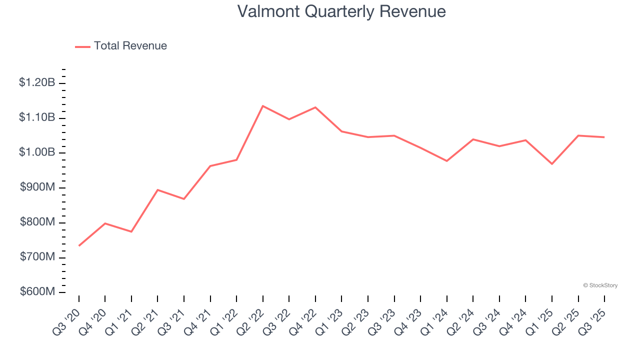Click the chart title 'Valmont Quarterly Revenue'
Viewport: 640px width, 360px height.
341,11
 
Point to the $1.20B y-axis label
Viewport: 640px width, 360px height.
37,82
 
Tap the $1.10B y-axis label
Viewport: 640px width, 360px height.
37,117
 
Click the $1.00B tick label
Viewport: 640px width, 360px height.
37,152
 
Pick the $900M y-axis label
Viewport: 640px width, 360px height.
37,187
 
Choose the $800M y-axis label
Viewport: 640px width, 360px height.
37,222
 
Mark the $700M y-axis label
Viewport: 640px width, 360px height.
37,257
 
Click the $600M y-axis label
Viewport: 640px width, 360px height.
37,292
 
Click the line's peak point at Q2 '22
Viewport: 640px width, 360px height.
263,106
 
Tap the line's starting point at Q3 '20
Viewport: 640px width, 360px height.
79,245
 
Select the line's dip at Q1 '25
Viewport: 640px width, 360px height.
552,164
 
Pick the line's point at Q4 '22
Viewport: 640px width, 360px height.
315,107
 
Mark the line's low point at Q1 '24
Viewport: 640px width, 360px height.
446,161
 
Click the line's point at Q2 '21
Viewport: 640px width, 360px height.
157,190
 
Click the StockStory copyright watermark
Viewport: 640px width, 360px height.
600,285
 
